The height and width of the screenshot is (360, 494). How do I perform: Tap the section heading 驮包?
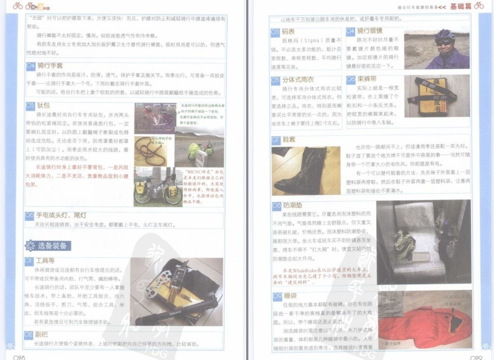tap(43, 104)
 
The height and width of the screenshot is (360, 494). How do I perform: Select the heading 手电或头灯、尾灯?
tap(60, 215)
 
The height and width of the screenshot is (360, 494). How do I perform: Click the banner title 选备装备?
tap(52, 246)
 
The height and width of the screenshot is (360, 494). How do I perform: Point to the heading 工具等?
tap(47, 261)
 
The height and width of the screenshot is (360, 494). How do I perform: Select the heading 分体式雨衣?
tap(301, 80)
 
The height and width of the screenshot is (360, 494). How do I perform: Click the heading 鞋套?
tap(290, 140)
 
